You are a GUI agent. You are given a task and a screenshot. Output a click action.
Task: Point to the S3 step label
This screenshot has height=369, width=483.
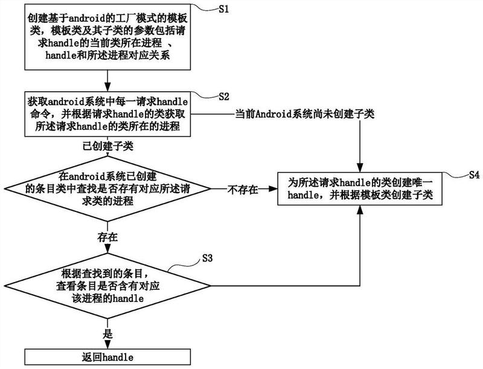(x=207, y=258)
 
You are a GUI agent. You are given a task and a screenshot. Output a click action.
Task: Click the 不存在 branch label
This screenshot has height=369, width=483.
(x=242, y=190)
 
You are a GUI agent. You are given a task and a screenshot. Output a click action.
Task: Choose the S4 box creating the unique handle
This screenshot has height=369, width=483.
(x=361, y=189)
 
